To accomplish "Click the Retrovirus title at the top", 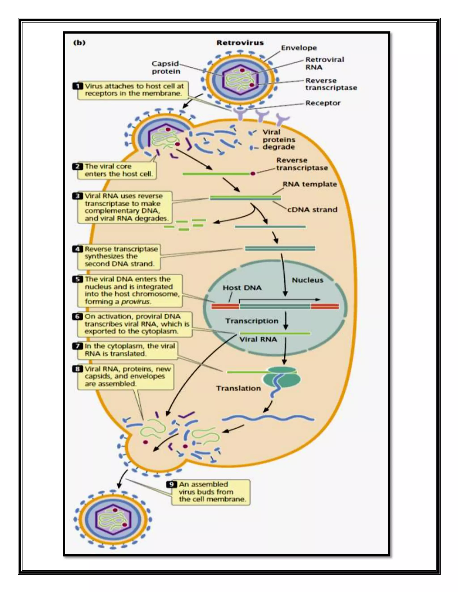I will (x=240, y=43).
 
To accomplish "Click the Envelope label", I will (x=299, y=48).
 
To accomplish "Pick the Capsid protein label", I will (x=165, y=67).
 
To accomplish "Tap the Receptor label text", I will (x=323, y=103).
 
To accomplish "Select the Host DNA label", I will (x=242, y=288).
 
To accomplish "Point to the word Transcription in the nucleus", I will (x=252, y=321).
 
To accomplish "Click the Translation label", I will (x=238, y=388).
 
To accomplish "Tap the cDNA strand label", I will (x=312, y=210).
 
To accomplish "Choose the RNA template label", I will (x=310, y=184).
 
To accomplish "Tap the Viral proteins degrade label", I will (x=279, y=140).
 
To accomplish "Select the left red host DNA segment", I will (x=225, y=306).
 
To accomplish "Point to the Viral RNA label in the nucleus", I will (x=258, y=339).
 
